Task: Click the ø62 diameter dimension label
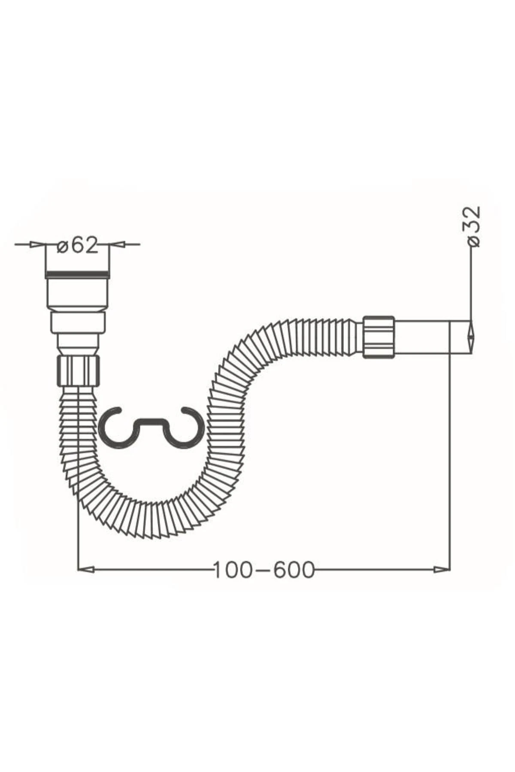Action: point(78,245)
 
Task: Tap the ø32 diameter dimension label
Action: point(473,226)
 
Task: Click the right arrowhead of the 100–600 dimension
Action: point(442,570)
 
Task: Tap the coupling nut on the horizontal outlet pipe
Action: point(379,337)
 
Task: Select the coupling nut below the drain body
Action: point(78,371)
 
